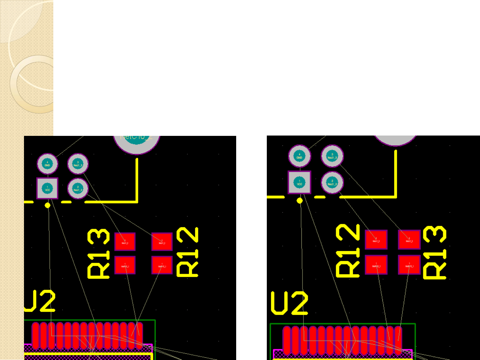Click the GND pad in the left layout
click(47, 164)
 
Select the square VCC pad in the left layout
click(47, 188)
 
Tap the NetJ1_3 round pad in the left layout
click(78, 164)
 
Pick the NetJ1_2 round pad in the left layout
click(78, 188)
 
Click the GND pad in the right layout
click(299, 156)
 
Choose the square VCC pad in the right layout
click(299, 182)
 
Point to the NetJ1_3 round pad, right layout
click(332, 156)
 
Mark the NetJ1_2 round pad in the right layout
click(332, 182)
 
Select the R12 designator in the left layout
click(187, 252)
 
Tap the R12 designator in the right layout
click(348, 250)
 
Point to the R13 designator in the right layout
click(435, 252)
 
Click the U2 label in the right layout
click(289, 303)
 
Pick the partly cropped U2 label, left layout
click(40, 301)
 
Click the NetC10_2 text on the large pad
click(136, 137)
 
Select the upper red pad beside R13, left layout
click(125, 241)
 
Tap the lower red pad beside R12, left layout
click(162, 265)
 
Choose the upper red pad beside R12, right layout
click(376, 240)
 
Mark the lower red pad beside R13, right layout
click(409, 265)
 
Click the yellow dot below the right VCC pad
click(299, 200)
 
